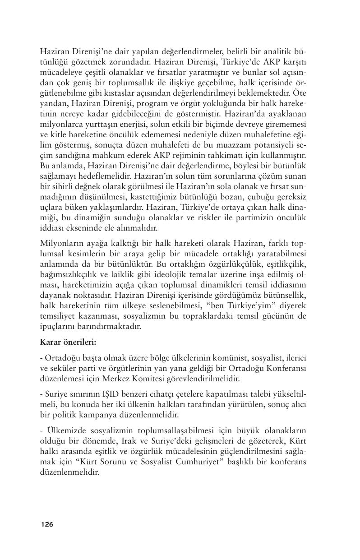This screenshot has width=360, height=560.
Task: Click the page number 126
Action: [x=47, y=524]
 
